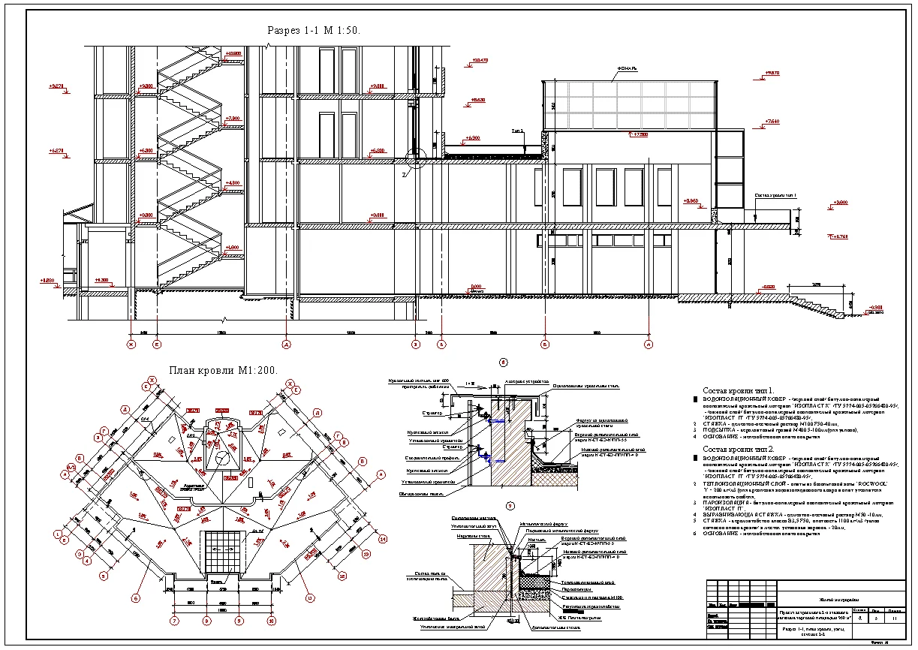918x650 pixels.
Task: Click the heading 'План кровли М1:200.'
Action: pyautogui.click(x=223, y=370)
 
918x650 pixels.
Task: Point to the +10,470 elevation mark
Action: pyautogui.click(x=477, y=60)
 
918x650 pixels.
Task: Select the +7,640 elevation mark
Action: pyautogui.click(x=771, y=121)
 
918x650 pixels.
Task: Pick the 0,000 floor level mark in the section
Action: pyautogui.click(x=476, y=287)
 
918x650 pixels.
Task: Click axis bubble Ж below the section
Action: pyautogui.click(x=131, y=345)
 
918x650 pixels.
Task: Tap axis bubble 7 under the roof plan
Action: pyautogui.click(x=174, y=621)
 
